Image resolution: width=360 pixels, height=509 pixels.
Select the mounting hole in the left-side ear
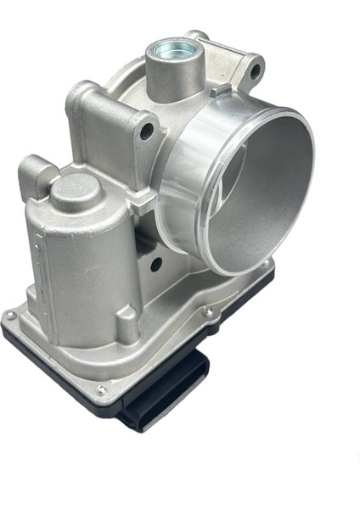147,131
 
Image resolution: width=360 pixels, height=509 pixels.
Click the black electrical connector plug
158,398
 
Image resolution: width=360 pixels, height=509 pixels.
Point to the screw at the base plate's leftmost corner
11,316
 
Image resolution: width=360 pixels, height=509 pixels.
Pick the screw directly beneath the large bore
206,311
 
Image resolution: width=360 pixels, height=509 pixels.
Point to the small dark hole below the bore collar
155,264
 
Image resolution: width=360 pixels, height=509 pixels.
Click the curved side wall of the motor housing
85,263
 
